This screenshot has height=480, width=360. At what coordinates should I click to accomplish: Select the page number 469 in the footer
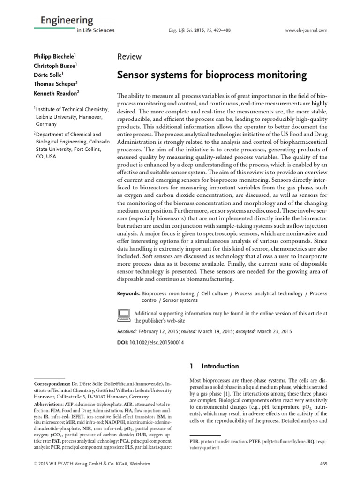(x=322, y=464)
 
